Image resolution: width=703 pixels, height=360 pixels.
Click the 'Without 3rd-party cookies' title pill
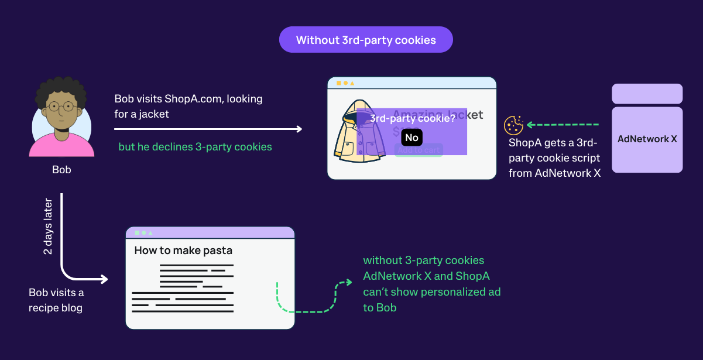click(x=366, y=40)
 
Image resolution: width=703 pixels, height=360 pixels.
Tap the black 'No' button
click(x=411, y=138)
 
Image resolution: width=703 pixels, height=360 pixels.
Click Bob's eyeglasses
click(x=61, y=107)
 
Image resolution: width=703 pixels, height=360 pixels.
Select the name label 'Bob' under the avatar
click(x=61, y=170)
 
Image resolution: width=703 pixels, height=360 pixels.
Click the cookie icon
click(x=513, y=125)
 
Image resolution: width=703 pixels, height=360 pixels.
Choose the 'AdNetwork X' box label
click(x=647, y=139)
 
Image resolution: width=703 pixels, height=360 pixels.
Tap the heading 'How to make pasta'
click(x=183, y=251)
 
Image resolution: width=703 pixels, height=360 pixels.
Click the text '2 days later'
click(x=48, y=227)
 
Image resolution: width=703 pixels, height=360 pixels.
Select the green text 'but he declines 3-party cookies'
click(x=195, y=147)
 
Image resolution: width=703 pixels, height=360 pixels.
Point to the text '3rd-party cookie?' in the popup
click(x=412, y=118)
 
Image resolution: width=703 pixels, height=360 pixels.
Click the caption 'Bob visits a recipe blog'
click(x=56, y=300)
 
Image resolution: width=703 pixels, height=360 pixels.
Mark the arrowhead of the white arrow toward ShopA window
click(x=299, y=129)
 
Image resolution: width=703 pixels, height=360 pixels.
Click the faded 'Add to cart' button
click(x=418, y=150)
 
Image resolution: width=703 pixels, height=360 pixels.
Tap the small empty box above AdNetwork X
click(x=647, y=94)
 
